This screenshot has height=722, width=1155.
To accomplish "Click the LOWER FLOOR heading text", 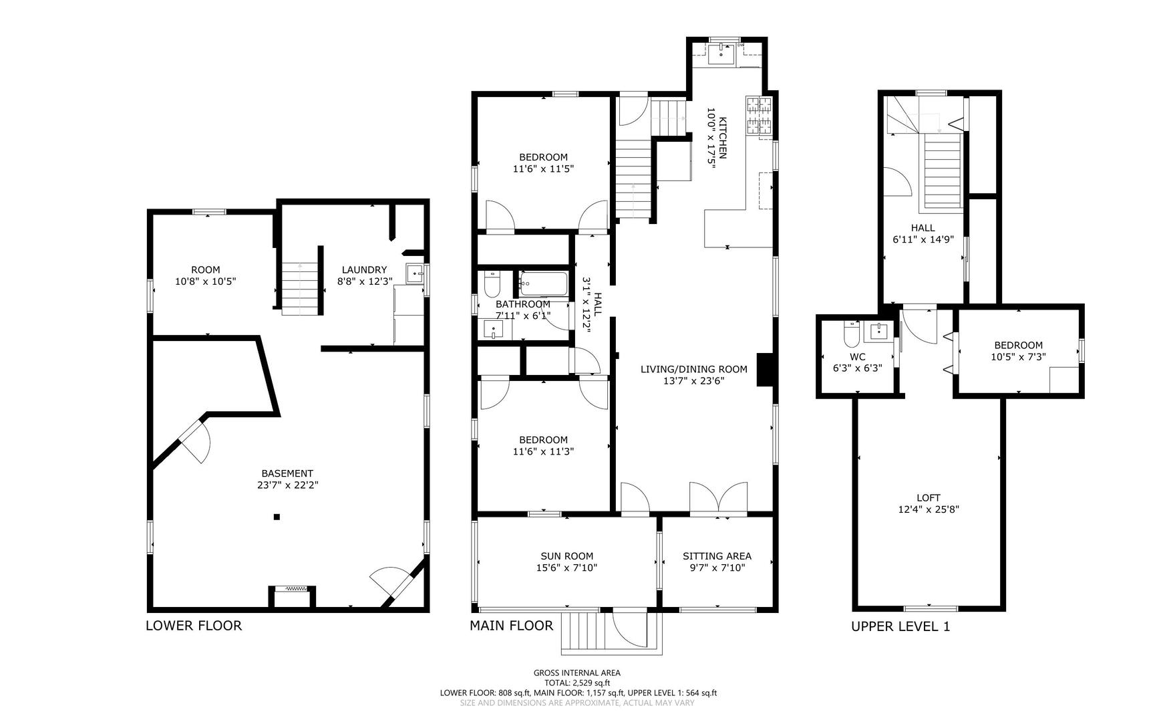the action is pos(194,626).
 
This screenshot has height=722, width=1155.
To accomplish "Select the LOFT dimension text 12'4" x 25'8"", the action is pos(929,509).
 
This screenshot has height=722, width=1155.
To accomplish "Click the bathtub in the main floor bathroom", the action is pos(543,283).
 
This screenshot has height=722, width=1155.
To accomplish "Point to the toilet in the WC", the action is pos(851,331).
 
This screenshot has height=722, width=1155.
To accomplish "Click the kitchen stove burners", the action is pos(759,115).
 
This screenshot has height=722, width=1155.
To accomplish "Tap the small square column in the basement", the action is pos(277,516).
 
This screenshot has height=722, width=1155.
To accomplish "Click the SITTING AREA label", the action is pos(717,556).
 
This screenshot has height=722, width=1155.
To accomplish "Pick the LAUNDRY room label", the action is pos(364,270).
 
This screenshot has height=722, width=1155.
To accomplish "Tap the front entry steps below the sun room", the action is pos(584,632).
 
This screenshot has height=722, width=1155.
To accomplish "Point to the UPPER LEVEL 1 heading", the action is pos(900,626).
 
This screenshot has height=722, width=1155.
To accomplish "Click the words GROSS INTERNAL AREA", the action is pos(577,673).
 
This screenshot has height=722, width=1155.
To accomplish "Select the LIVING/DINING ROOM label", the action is pos(693,369).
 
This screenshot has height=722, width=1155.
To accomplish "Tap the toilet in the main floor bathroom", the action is pos(492,284).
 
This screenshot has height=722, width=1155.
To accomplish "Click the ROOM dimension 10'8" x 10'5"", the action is pos(205,282).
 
